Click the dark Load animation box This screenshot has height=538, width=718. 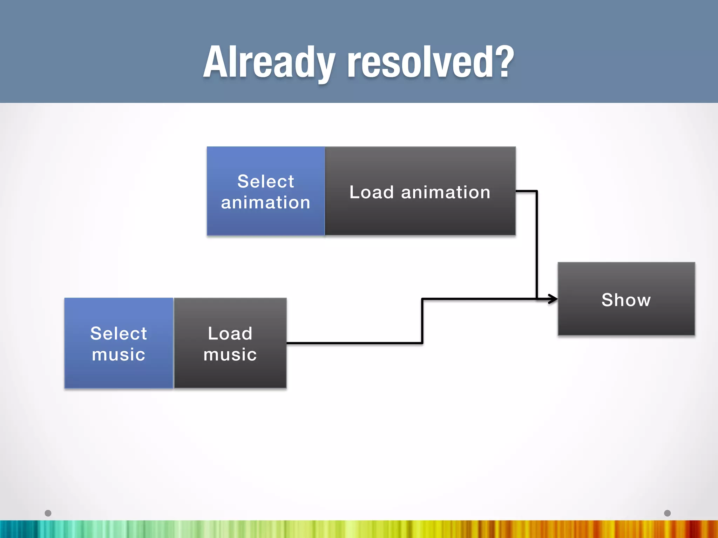420,217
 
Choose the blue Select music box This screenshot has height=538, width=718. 118,375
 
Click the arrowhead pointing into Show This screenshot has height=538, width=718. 553,299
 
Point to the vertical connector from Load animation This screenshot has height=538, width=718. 537,245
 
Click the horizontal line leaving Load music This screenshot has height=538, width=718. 354,343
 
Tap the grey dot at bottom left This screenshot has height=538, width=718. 48,513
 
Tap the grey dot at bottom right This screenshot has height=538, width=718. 668,513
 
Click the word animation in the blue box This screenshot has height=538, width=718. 266,203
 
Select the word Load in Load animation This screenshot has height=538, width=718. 372,192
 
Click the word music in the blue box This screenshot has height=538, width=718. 118,354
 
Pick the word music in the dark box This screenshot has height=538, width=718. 230,354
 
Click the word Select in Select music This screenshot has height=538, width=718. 118,333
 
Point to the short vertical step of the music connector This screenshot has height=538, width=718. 422,321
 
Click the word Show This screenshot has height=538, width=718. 626,300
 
